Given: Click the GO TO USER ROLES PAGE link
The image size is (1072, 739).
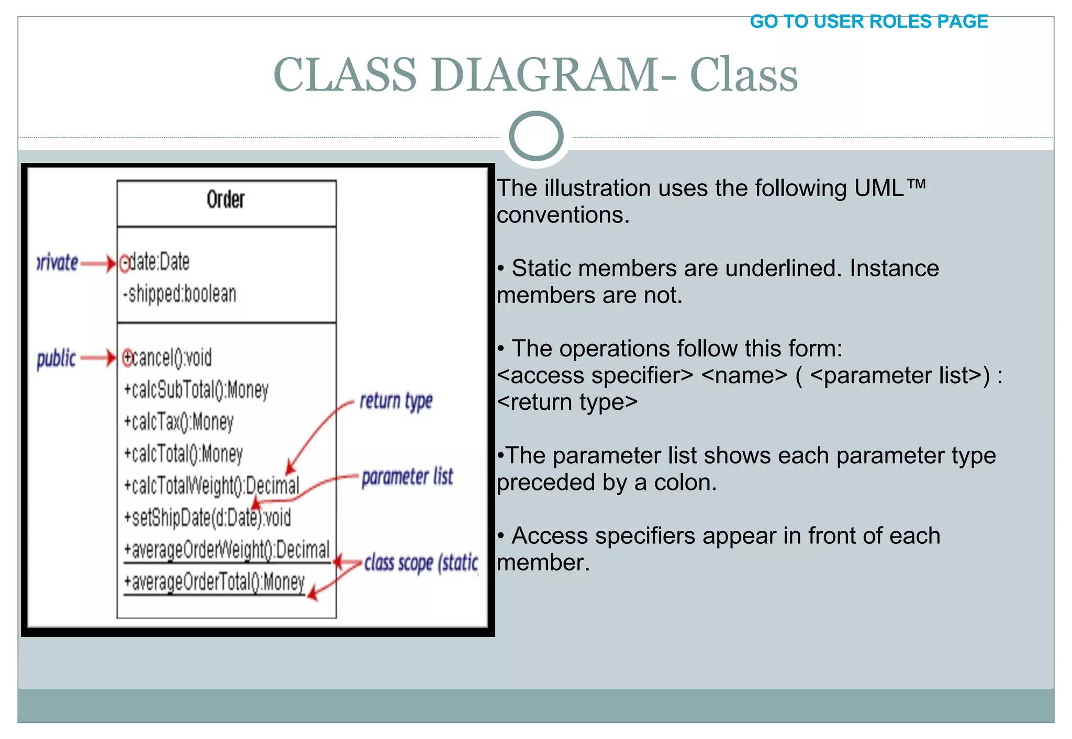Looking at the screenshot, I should [868, 21].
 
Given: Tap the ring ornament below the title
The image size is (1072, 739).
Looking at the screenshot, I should [536, 136].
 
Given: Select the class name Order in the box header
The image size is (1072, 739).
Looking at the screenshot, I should [225, 199].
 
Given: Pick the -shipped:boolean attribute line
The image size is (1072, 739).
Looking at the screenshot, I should [180, 294].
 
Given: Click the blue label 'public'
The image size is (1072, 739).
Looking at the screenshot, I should [56, 359].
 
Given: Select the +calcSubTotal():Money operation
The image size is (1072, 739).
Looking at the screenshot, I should [196, 390].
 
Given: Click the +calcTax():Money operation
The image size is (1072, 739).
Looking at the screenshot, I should [178, 422].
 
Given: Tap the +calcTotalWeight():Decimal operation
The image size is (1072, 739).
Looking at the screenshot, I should [211, 486].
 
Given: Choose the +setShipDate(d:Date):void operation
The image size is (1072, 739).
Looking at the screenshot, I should [207, 518].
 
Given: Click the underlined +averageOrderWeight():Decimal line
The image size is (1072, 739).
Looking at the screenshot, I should [227, 550].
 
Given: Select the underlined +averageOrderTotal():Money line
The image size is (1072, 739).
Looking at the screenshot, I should [214, 582].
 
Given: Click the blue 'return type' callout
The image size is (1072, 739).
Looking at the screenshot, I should [396, 401].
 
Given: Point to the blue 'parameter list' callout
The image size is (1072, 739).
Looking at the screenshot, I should [407, 477].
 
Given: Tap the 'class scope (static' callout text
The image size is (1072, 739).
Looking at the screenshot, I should [421, 563].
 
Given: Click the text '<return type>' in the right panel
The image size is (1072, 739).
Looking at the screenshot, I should [567, 402].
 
